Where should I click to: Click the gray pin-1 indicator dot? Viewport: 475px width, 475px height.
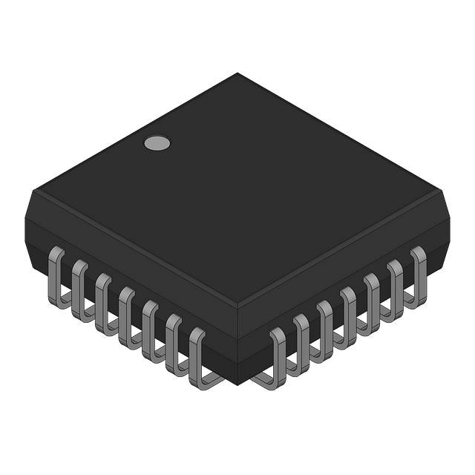tap(157, 142)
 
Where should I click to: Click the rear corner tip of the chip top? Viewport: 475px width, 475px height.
tap(237, 73)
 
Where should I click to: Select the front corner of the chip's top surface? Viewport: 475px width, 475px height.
tap(237, 304)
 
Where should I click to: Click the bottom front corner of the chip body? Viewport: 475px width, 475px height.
tap(237, 381)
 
